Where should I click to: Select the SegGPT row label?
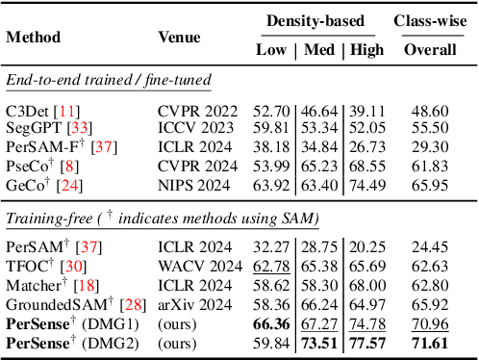[x=33, y=127]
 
